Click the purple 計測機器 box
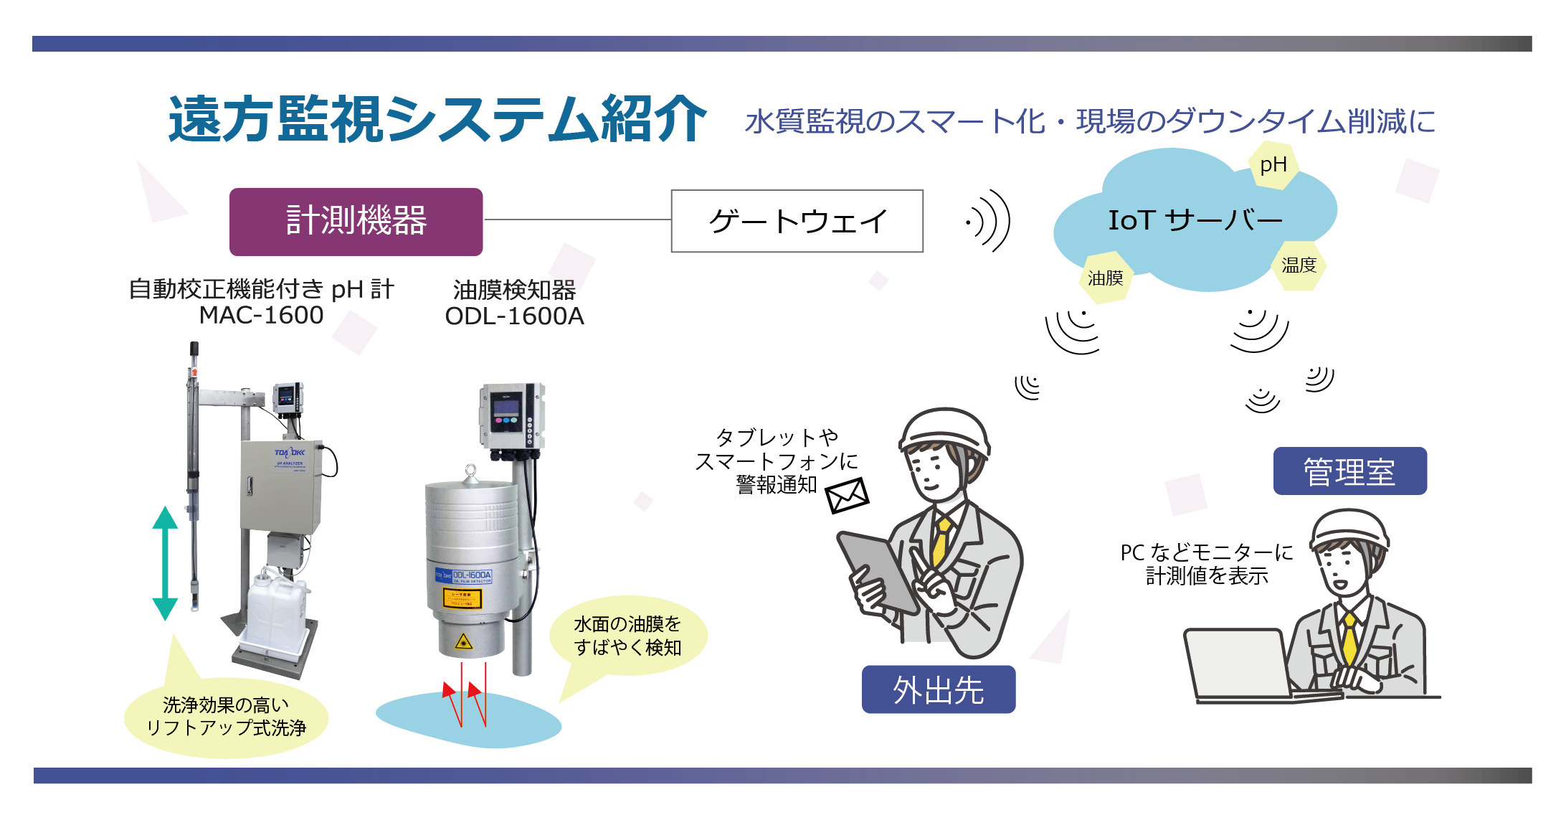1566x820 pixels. [x=356, y=222]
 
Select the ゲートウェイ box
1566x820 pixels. [x=797, y=221]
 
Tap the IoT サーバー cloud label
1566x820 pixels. [x=1195, y=220]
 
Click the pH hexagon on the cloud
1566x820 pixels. [x=1273, y=165]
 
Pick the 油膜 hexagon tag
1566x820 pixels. [x=1105, y=278]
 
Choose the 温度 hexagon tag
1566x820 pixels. [x=1299, y=265]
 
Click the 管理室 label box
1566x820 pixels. [x=1349, y=471]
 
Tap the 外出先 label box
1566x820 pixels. [x=938, y=689]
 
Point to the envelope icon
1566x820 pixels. [x=847, y=495]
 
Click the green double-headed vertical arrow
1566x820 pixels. [x=165, y=563]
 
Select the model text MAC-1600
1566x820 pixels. [x=261, y=316]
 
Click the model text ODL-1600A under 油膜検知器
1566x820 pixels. [x=514, y=316]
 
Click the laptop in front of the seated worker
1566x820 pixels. [x=1237, y=663]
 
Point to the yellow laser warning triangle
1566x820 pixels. [x=464, y=641]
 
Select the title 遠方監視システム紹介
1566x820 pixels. [x=437, y=120]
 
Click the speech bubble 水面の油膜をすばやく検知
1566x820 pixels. [x=627, y=636]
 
